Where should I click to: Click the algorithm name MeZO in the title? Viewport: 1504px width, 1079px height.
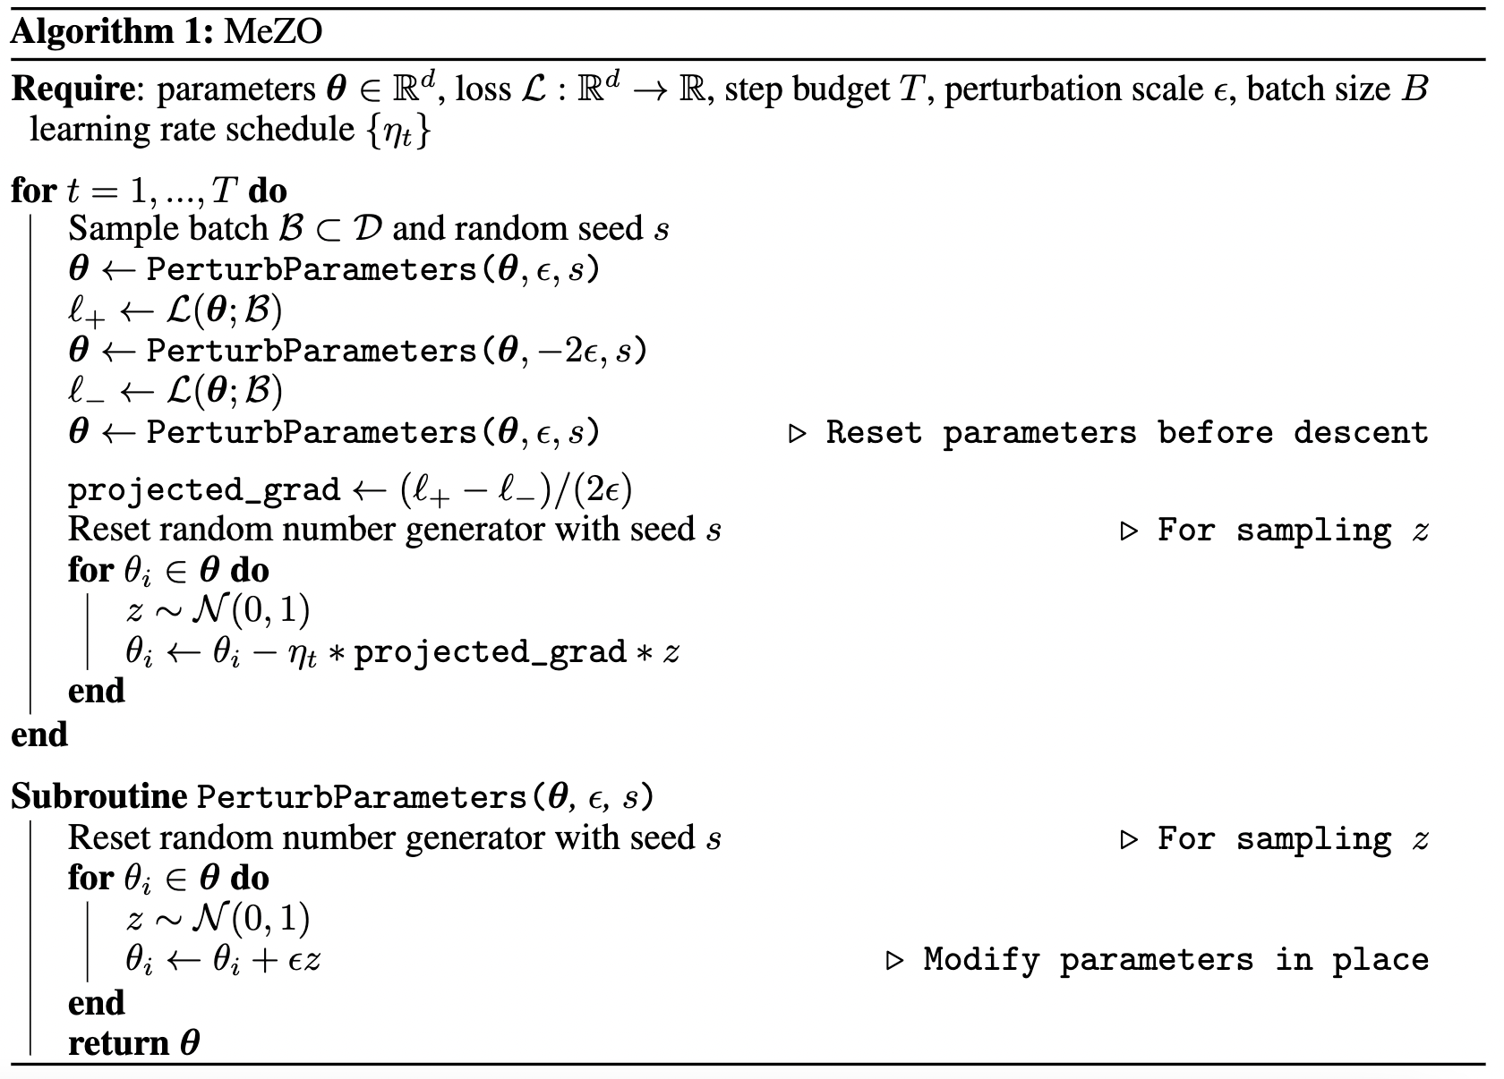pos(273,32)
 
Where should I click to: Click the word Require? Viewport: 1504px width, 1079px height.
pos(73,89)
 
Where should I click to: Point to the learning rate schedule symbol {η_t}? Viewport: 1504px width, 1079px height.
pos(397,131)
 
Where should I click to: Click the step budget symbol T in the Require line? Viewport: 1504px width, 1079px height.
pos(910,89)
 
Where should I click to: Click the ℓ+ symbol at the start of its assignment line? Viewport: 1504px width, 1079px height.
pos(87,311)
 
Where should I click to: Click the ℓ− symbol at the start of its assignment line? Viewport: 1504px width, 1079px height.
pos(87,392)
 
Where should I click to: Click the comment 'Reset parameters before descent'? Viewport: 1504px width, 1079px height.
pos(1125,433)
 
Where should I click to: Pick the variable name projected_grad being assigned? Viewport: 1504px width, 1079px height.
pos(204,490)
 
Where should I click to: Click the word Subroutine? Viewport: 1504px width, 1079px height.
pos(98,796)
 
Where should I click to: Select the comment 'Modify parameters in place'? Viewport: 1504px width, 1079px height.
pos(1175,960)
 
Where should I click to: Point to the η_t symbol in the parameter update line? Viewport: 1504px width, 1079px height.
pos(303,653)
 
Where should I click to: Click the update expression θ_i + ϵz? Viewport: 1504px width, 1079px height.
pos(267,960)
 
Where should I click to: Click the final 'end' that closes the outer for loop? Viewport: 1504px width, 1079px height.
pos(39,735)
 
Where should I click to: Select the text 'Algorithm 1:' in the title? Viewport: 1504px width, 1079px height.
pos(112,32)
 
